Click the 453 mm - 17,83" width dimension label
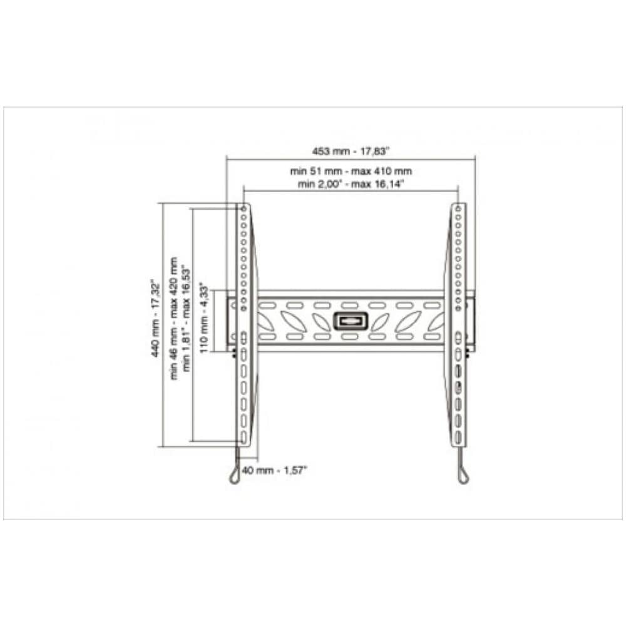point(351,150)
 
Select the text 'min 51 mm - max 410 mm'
point(351,171)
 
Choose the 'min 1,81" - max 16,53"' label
point(186,319)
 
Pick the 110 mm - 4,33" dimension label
point(204,319)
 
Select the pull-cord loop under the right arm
point(463,475)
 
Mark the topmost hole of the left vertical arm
point(244,207)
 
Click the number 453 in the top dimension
point(321,150)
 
